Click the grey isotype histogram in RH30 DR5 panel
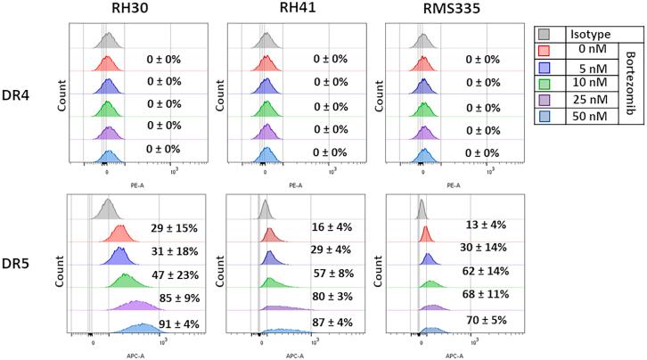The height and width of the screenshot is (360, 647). coord(109,210)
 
